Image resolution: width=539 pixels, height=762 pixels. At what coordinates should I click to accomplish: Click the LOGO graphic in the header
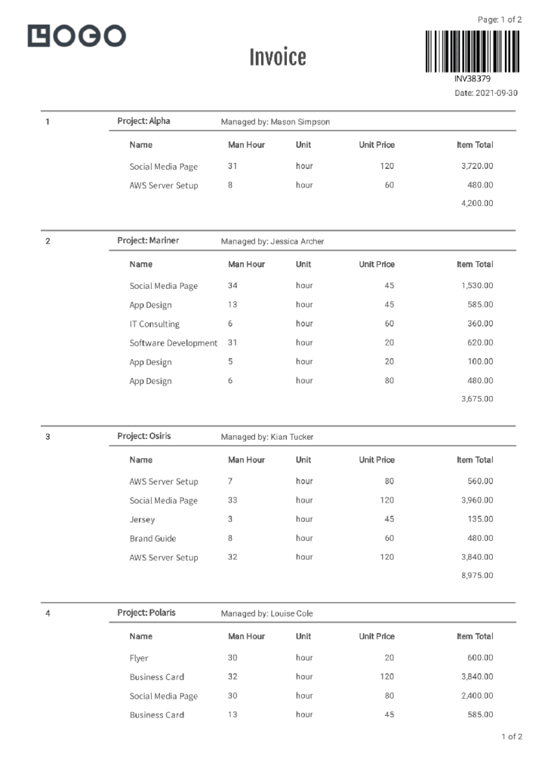77,36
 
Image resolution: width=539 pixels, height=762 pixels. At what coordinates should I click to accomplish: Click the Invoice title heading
277,57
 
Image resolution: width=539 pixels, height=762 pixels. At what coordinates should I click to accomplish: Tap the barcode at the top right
472,51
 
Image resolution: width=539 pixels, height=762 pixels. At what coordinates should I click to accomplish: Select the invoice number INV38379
472,79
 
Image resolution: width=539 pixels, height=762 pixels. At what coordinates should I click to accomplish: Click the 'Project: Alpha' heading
143,121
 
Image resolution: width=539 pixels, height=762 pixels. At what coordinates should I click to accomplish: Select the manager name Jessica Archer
297,242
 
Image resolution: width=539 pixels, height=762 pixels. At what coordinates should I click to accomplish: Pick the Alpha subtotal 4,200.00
477,203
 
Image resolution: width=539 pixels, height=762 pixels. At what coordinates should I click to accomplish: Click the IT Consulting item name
154,324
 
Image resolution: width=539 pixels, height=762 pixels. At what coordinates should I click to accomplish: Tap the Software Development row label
173,343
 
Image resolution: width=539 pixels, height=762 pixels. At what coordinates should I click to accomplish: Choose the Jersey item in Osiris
142,519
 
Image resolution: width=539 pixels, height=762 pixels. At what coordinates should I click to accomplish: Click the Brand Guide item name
152,538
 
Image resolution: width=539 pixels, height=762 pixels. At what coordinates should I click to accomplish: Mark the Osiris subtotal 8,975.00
477,575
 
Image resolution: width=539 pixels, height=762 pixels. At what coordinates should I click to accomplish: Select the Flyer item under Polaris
138,658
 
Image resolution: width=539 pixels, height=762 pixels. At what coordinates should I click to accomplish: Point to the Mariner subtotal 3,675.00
477,399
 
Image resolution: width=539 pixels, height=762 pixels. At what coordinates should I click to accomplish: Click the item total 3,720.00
477,166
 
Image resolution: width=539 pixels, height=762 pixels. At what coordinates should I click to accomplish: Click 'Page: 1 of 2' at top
500,20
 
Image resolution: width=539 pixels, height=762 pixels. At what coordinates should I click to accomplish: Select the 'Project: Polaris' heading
146,613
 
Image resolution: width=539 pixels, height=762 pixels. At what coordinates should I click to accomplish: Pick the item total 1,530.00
477,286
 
